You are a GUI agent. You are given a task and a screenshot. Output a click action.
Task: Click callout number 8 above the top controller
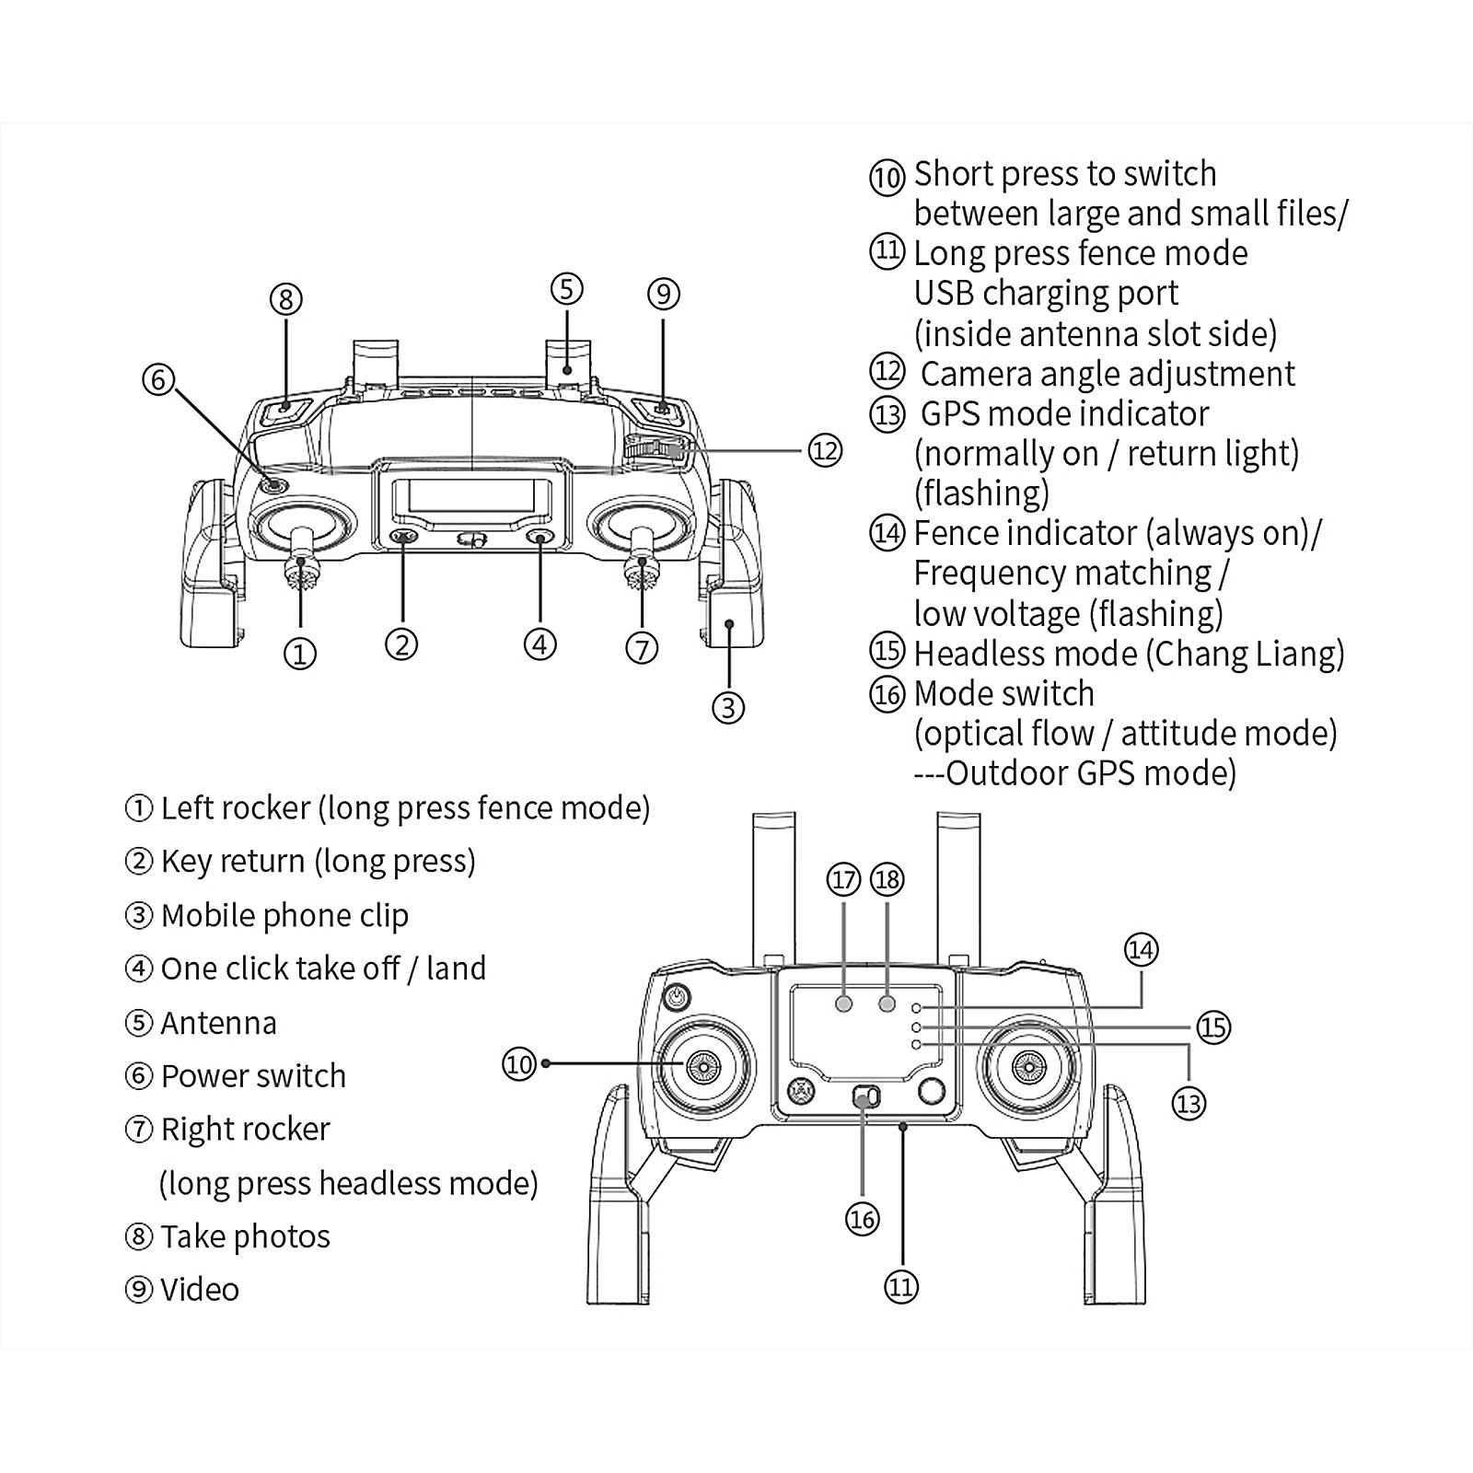pos(285,299)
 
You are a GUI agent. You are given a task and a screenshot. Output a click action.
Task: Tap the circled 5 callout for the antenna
pos(566,288)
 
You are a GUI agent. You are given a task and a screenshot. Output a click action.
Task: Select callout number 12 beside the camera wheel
pos(825,450)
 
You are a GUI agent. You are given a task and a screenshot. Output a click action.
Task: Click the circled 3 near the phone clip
pos(728,707)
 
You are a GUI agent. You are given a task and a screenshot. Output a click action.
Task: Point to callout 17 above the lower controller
pos(843,880)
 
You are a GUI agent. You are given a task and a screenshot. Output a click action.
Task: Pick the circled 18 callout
pos(887,880)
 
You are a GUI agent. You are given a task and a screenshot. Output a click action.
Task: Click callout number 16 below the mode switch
pos(862,1220)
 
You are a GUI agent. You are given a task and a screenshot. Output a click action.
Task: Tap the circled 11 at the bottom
pos(901,1286)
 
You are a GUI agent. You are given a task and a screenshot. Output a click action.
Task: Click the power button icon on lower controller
pos(678,996)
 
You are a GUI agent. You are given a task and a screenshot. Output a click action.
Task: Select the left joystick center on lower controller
pos(702,1067)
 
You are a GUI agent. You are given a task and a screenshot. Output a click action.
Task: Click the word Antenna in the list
pos(218,1023)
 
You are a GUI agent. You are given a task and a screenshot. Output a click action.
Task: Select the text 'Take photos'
pos(245,1236)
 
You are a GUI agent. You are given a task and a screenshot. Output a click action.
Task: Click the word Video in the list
pos(200,1290)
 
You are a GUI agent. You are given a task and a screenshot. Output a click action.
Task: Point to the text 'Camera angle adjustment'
pos(1108,374)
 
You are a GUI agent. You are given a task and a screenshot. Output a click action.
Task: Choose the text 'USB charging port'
pos(1046,294)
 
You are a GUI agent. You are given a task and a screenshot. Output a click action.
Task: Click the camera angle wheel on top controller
pos(655,449)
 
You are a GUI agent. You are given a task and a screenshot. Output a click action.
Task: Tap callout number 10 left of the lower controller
pos(519,1064)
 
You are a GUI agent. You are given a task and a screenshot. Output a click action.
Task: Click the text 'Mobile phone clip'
pos(284,916)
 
